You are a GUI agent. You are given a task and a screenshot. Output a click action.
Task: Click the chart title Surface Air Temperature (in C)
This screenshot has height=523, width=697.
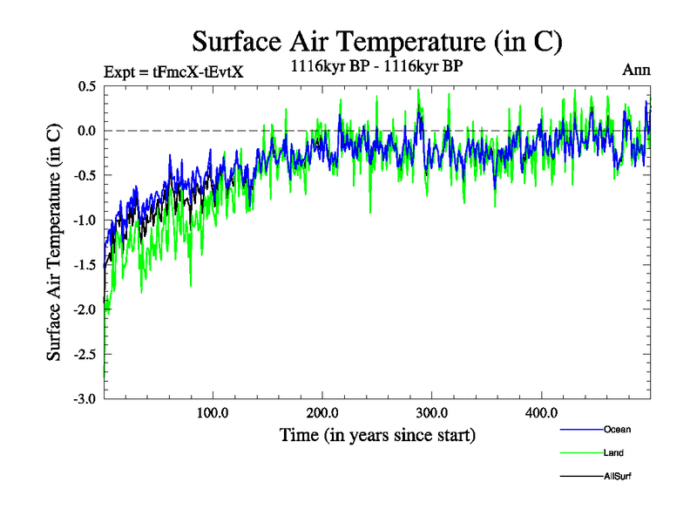tap(377, 41)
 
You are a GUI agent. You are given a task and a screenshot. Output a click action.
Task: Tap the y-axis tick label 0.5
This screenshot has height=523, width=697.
tap(86, 86)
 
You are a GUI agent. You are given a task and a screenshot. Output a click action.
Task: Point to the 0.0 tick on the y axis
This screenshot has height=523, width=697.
tap(86, 131)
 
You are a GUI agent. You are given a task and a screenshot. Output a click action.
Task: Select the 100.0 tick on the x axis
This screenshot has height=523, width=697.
tap(213, 412)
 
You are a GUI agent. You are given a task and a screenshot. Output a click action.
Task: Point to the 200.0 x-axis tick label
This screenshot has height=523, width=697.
tap(322, 412)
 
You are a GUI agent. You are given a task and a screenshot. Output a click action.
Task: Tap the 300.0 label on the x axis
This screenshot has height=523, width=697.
tap(432, 412)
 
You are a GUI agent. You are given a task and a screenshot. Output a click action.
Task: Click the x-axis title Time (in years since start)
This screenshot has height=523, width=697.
tap(377, 434)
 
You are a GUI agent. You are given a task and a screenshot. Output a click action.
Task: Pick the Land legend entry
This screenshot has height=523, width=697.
tap(612, 452)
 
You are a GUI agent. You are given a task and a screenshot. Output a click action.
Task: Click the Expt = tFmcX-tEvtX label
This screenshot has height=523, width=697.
tap(173, 71)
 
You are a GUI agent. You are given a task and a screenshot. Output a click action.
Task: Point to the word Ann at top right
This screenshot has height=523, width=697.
tap(636, 70)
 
